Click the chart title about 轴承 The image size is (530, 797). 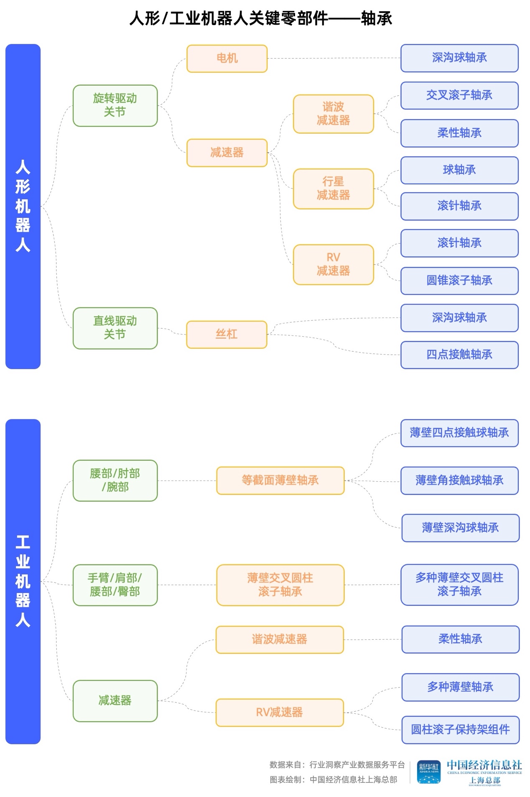tap(260, 18)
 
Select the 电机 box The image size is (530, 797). tap(227, 59)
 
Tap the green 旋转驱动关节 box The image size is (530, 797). tap(115, 105)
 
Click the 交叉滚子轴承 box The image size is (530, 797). tap(459, 96)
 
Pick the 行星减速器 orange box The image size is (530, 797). tap(333, 189)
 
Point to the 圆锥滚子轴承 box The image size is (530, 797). tap(459, 281)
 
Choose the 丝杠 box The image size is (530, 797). tap(227, 334)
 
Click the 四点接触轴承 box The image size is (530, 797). tap(459, 355)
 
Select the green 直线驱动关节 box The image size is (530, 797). tap(115, 328)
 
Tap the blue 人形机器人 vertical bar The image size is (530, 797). tap(23, 206)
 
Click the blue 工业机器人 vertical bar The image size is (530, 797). tap(23, 581)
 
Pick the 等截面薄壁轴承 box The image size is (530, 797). tap(280, 480)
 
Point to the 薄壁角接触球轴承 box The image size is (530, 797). tap(459, 480)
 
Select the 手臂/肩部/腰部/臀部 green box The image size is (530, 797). tap(115, 585)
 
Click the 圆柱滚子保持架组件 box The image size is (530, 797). tap(460, 730)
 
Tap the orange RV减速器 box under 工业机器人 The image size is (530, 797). tap(279, 712)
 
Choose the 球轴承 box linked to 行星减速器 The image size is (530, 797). tap(459, 170)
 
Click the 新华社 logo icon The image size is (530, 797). tap(428, 771)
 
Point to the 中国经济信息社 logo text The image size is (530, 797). tap(484, 765)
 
